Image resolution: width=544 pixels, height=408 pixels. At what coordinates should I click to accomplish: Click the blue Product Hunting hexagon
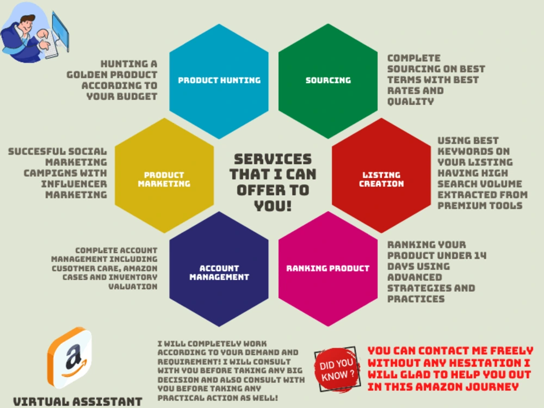[219, 81]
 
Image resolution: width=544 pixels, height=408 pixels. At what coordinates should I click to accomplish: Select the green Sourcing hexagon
[328, 81]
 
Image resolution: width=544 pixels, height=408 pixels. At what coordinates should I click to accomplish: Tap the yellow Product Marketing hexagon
[164, 175]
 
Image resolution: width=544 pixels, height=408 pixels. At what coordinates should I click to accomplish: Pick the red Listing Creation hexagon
[381, 175]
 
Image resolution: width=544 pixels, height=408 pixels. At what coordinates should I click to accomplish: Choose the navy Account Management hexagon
[219, 269]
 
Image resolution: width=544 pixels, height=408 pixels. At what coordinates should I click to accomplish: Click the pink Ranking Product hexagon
[328, 269]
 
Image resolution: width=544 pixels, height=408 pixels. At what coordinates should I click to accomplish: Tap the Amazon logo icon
[70, 357]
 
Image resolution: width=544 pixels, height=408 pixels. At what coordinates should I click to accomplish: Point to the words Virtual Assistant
[78, 401]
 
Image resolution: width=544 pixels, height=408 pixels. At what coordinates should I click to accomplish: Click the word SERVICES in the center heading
[273, 159]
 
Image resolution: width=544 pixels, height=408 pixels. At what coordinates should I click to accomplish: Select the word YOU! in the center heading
[273, 206]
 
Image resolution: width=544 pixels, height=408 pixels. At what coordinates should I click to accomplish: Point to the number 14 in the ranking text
[480, 256]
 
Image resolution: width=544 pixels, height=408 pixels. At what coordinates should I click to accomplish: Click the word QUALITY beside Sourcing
[410, 102]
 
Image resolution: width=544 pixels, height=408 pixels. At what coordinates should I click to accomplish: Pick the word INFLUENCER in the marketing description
[74, 184]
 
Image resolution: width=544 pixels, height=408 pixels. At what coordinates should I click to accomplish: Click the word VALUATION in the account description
[133, 287]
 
